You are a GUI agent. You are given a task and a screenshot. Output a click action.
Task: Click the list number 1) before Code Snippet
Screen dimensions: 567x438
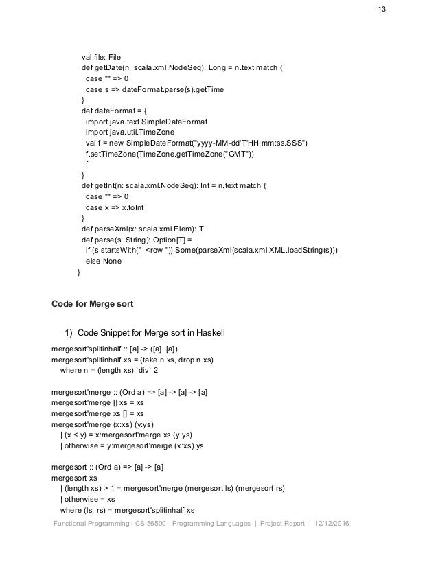click(69, 334)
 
